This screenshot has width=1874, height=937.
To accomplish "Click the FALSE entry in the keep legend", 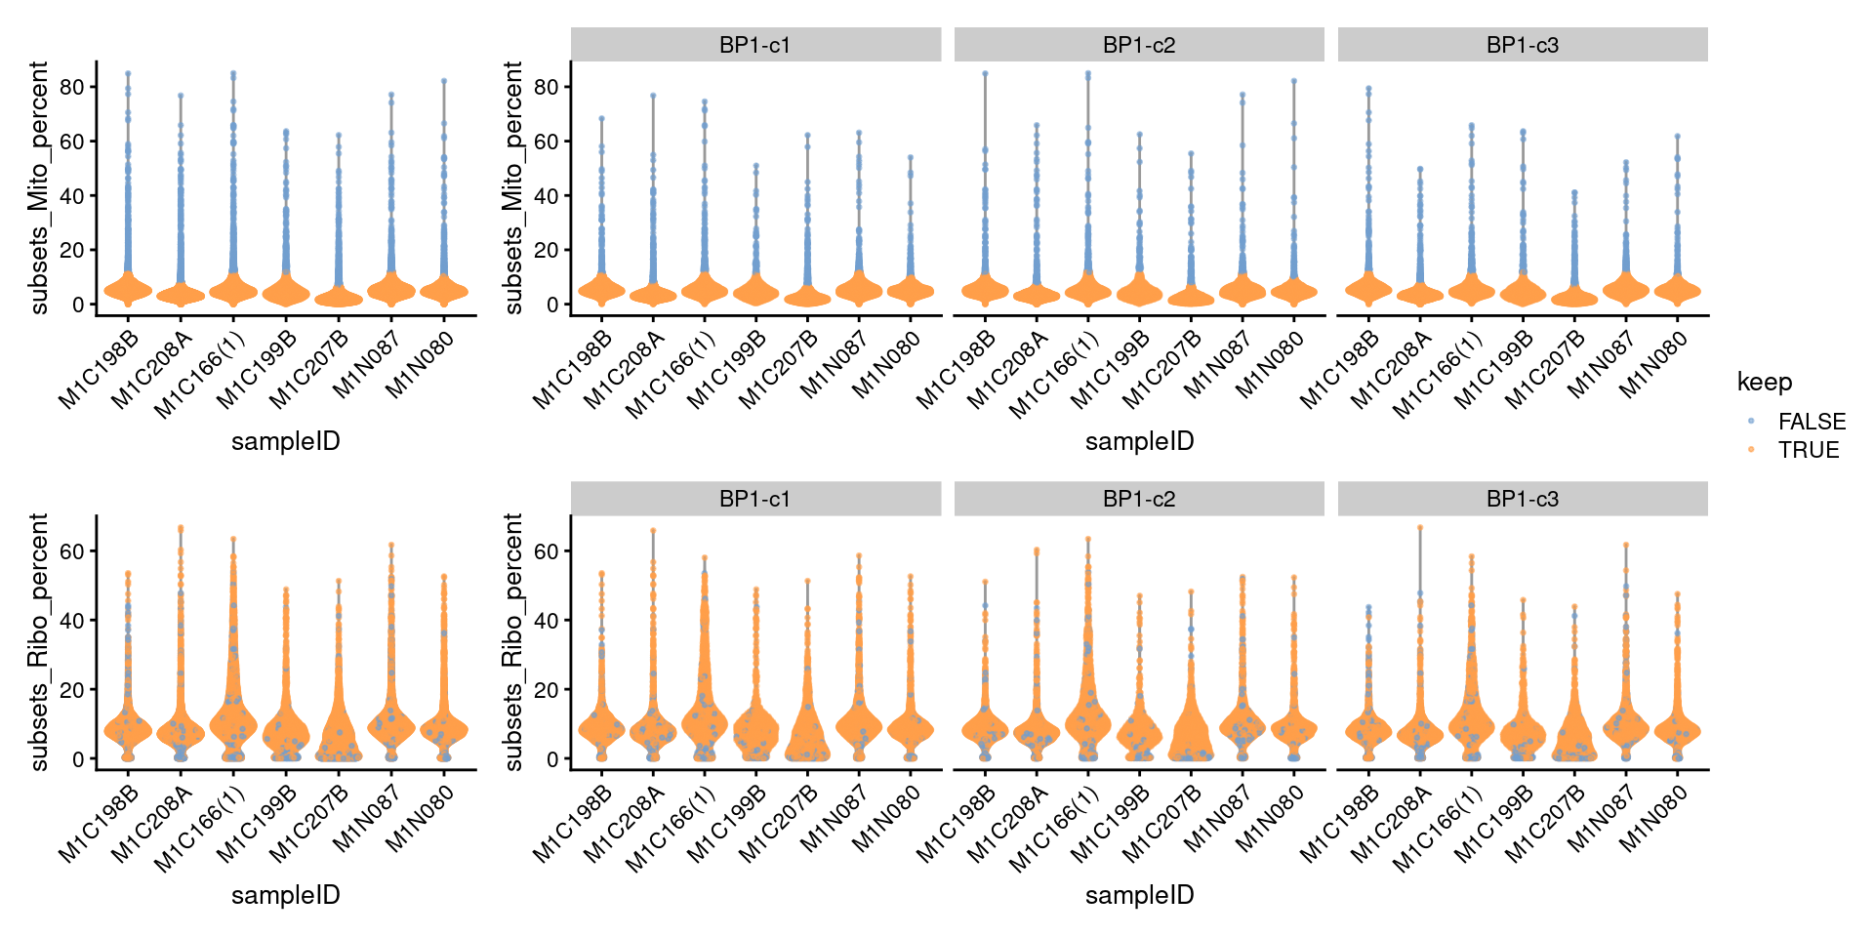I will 1812,422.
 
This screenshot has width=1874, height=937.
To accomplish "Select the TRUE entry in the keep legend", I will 1808,450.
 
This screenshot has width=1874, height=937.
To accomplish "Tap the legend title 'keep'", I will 1765,382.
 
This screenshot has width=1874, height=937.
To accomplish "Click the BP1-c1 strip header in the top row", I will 754,45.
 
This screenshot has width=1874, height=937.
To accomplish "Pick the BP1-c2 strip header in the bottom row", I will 1139,499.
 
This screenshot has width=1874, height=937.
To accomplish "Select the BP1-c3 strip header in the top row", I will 1523,45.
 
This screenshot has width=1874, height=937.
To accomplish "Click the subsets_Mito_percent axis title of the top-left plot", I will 39,187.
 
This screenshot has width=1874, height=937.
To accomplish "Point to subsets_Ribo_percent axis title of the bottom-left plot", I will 39,642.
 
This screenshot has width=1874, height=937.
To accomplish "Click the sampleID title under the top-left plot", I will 286,441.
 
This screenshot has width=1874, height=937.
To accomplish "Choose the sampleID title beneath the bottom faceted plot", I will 1139,895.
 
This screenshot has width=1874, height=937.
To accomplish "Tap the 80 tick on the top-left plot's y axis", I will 71,87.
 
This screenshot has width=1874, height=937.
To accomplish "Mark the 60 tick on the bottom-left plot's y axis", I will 71,551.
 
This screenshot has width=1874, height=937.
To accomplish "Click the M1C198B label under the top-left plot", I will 99,371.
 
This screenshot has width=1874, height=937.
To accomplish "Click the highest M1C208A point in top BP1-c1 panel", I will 653,96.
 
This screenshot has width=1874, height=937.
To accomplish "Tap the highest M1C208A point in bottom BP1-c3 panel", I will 1420,528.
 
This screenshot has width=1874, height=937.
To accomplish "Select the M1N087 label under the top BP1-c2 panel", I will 1217,365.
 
